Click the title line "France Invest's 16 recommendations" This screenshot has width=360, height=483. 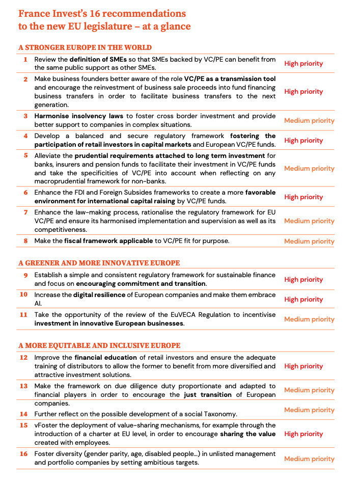pos(102,14)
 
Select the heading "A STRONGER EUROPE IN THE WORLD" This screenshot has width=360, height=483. pos(85,48)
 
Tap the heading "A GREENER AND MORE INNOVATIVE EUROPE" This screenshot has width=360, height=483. pos(99,263)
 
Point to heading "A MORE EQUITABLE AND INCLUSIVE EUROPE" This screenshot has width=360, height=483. pos(99,345)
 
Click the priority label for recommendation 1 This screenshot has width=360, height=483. pos(303,64)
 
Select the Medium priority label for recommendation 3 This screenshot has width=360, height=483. pos(309,121)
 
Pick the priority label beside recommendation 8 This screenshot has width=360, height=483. pos(309,241)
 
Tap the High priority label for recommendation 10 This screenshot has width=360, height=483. pos(303,300)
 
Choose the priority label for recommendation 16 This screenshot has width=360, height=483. pos(309,459)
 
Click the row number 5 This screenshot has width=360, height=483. pos(25,155)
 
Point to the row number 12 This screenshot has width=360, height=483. pos(24,357)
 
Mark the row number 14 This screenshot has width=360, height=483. pos(24,414)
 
